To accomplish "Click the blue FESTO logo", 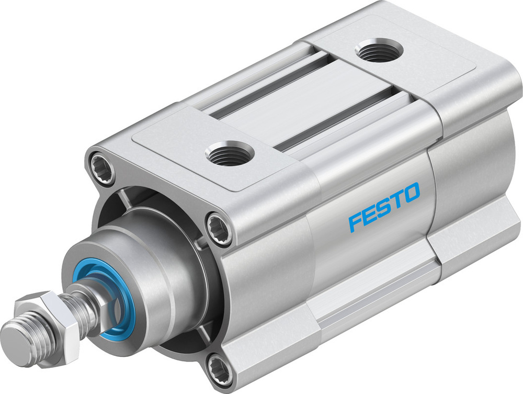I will pos(384,206).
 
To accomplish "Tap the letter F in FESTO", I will pos(356,220).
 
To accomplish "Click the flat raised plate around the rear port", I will pos(397,58).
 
